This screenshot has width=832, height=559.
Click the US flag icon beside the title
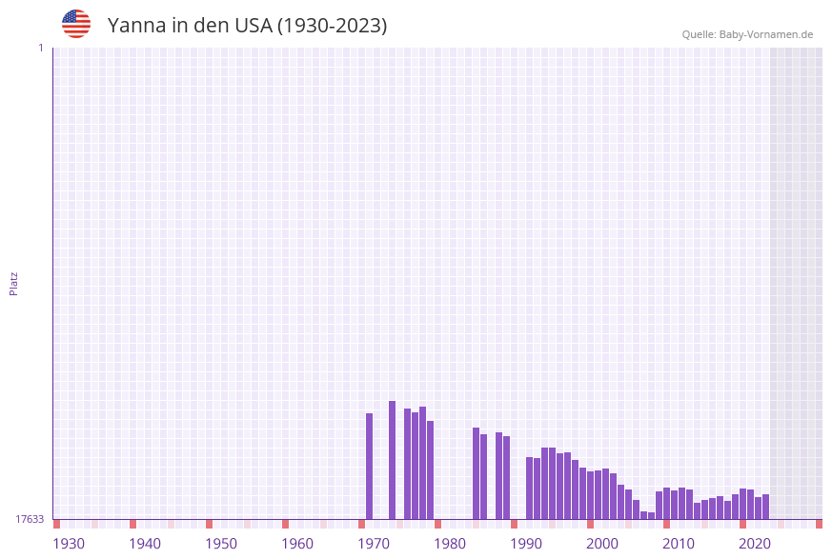[76, 24]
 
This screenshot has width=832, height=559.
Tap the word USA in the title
[253, 26]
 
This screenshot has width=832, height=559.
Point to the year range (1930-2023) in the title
[332, 26]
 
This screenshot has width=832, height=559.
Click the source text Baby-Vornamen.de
[766, 34]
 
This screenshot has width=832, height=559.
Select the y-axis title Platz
[14, 283]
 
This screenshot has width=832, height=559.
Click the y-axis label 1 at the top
[40, 48]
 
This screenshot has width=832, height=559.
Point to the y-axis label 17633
[30, 519]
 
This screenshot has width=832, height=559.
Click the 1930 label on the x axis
[69, 544]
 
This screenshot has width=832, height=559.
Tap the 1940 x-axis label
[145, 544]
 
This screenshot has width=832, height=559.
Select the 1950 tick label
[221, 544]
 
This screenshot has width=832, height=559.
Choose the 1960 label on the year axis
[297, 544]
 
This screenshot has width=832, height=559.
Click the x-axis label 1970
[374, 544]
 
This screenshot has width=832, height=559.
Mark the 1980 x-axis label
[450, 544]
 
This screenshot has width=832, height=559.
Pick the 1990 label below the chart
[526, 544]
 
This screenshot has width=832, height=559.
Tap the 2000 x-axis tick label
[602, 544]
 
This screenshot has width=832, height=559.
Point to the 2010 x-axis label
[679, 544]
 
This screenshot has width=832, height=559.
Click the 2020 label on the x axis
[755, 544]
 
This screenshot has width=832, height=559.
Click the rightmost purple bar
[765, 507]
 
